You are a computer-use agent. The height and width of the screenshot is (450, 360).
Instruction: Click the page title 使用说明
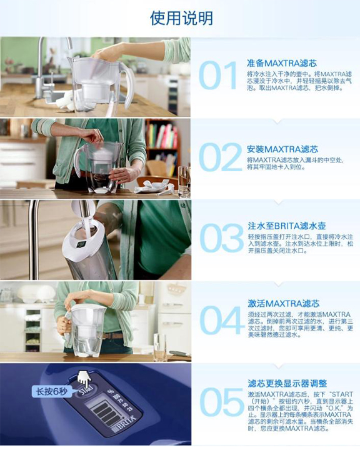click(181, 18)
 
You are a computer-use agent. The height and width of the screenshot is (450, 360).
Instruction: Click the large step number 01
click(218, 76)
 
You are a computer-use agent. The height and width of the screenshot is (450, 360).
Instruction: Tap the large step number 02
click(221, 157)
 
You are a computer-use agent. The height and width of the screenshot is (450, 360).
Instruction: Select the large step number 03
click(221, 238)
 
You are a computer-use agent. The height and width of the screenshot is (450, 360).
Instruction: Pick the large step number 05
click(221, 402)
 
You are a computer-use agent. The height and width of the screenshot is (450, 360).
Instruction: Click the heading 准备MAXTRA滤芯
click(282, 63)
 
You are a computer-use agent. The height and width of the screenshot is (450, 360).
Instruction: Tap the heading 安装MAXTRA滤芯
click(282, 149)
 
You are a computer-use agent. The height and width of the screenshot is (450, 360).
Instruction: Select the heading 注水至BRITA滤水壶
click(287, 226)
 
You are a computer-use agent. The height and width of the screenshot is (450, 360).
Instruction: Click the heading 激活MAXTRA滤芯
click(284, 303)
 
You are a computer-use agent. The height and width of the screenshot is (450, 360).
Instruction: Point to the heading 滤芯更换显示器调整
click(287, 383)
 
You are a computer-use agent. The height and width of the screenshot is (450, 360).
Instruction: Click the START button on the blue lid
click(86, 391)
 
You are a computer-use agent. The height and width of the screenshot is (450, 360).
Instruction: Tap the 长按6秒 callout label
click(52, 391)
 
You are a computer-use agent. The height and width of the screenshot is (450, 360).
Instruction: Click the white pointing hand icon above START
click(84, 377)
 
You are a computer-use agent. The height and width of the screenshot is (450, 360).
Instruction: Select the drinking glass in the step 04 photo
click(159, 347)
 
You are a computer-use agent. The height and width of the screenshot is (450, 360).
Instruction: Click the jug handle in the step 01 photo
click(128, 84)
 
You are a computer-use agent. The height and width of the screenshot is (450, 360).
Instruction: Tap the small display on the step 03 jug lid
click(81, 244)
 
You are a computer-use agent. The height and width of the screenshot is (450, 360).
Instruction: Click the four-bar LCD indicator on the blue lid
click(104, 412)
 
